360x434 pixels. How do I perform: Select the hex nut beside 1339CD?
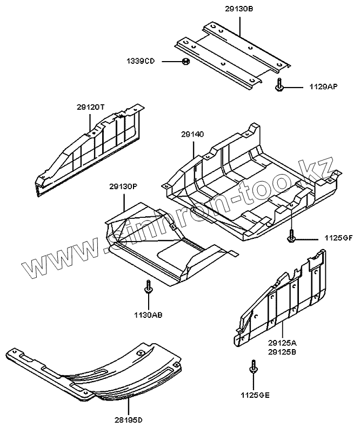(184, 62)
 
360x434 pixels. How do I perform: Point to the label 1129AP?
(323, 86)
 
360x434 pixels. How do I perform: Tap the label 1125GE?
(255, 395)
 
